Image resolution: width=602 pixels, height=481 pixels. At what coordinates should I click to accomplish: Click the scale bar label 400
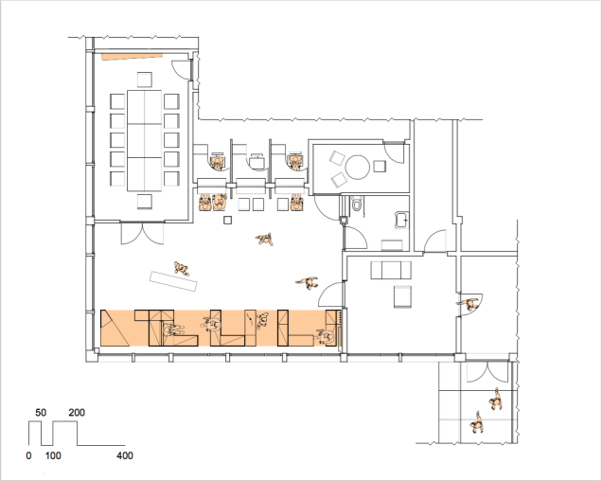click(x=125, y=456)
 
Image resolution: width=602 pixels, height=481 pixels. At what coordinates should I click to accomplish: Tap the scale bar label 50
click(x=41, y=413)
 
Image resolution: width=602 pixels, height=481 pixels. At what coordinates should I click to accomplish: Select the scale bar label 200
click(x=77, y=413)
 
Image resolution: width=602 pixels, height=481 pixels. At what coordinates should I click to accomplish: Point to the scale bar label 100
click(x=53, y=456)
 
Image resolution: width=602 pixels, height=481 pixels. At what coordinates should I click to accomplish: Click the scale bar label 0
click(x=28, y=456)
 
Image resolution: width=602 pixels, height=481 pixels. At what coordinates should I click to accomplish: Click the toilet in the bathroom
click(x=357, y=204)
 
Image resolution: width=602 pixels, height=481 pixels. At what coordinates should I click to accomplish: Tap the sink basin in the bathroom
click(x=401, y=220)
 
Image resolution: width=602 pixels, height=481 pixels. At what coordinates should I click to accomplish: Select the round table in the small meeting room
click(x=358, y=168)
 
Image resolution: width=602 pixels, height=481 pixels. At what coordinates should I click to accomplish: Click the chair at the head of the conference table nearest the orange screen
click(x=145, y=80)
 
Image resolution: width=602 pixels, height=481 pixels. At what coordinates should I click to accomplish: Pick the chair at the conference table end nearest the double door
click(x=145, y=202)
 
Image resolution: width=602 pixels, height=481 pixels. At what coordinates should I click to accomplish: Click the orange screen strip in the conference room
click(x=132, y=57)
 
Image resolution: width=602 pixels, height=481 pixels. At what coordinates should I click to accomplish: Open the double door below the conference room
click(x=142, y=233)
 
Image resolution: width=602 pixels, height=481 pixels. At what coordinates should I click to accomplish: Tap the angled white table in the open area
click(x=173, y=281)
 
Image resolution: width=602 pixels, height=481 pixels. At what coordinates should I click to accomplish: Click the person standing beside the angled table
click(x=182, y=268)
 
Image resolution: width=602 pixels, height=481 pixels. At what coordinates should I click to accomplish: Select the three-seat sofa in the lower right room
click(x=391, y=270)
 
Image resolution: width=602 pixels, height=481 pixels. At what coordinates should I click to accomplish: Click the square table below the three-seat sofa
click(x=402, y=296)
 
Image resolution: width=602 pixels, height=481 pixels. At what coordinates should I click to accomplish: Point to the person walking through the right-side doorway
click(x=469, y=304)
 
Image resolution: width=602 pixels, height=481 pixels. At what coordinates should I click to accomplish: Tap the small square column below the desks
click(x=228, y=220)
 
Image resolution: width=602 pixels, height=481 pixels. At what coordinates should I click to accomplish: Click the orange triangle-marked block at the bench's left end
click(x=115, y=328)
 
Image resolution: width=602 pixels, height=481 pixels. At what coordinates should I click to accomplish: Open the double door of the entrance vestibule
click(x=487, y=371)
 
